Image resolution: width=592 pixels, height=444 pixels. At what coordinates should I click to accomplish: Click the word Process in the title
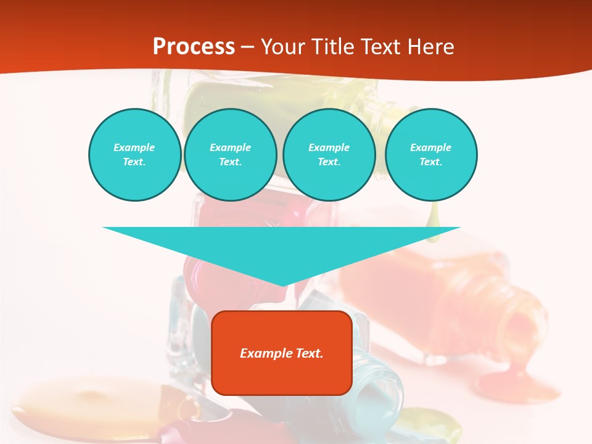[194, 47]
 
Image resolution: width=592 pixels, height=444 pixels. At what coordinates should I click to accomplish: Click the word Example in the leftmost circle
[134, 147]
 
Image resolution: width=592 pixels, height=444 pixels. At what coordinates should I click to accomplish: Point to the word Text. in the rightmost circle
[431, 162]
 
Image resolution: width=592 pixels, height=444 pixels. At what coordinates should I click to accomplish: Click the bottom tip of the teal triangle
[282, 284]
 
